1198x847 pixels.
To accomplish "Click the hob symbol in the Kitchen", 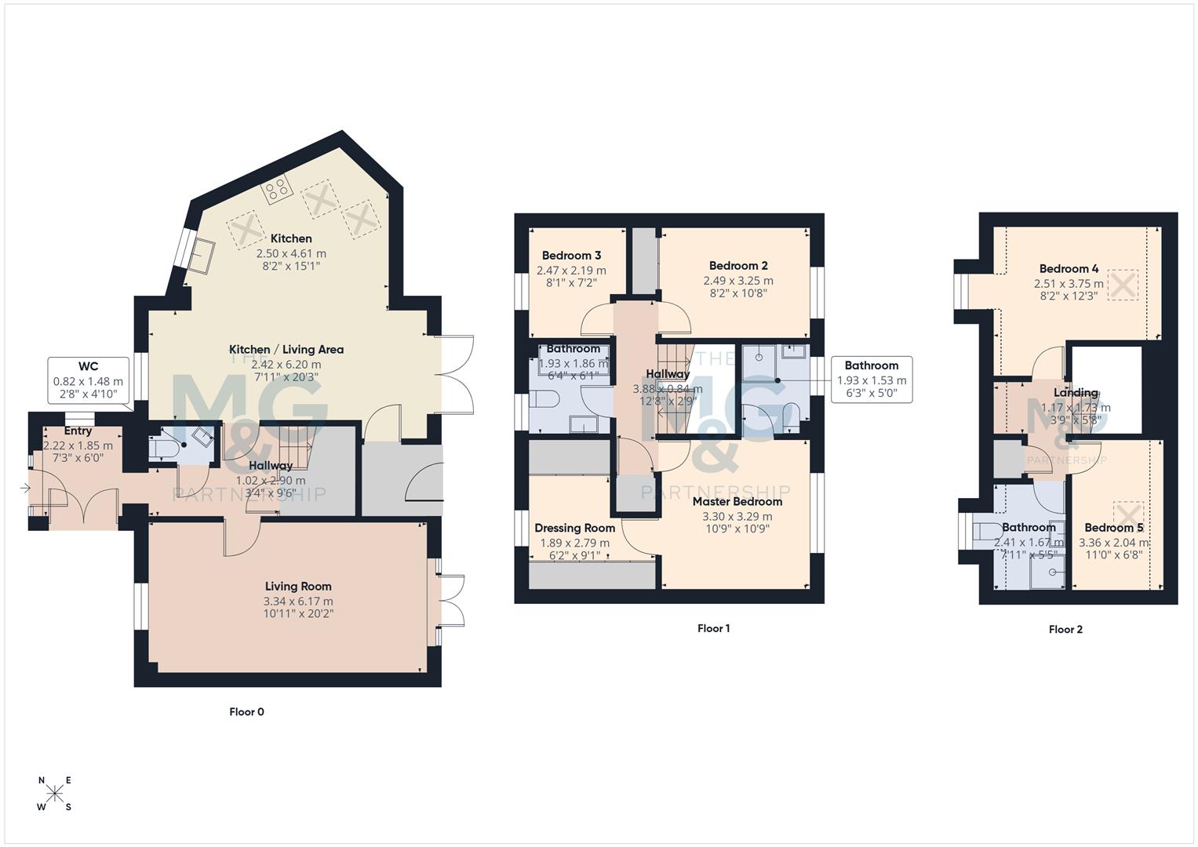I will [x=277, y=188].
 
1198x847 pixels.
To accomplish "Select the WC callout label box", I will [x=88, y=380].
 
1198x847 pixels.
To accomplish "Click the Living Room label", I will [x=298, y=586].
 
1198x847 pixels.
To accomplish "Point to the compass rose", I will [x=55, y=794].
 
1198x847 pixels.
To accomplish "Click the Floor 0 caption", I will [x=246, y=712].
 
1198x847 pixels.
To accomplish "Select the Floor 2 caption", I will [x=1065, y=629].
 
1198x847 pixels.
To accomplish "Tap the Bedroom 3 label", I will [x=571, y=256].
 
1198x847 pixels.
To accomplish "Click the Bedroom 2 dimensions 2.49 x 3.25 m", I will [x=737, y=280].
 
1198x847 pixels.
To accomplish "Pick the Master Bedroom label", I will [x=737, y=501].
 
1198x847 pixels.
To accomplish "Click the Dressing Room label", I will [x=574, y=528].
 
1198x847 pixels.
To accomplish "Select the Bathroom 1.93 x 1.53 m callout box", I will [x=871, y=380].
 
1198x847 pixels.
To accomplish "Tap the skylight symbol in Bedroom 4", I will [x=1122, y=285].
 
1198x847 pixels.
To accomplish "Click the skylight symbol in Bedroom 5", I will [x=1128, y=515].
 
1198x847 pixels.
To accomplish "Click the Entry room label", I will [x=78, y=431].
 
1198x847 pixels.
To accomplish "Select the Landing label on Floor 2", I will [x=1076, y=393].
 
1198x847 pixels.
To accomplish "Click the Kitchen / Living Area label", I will [x=286, y=350].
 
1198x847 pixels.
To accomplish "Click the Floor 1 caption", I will [x=713, y=628].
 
